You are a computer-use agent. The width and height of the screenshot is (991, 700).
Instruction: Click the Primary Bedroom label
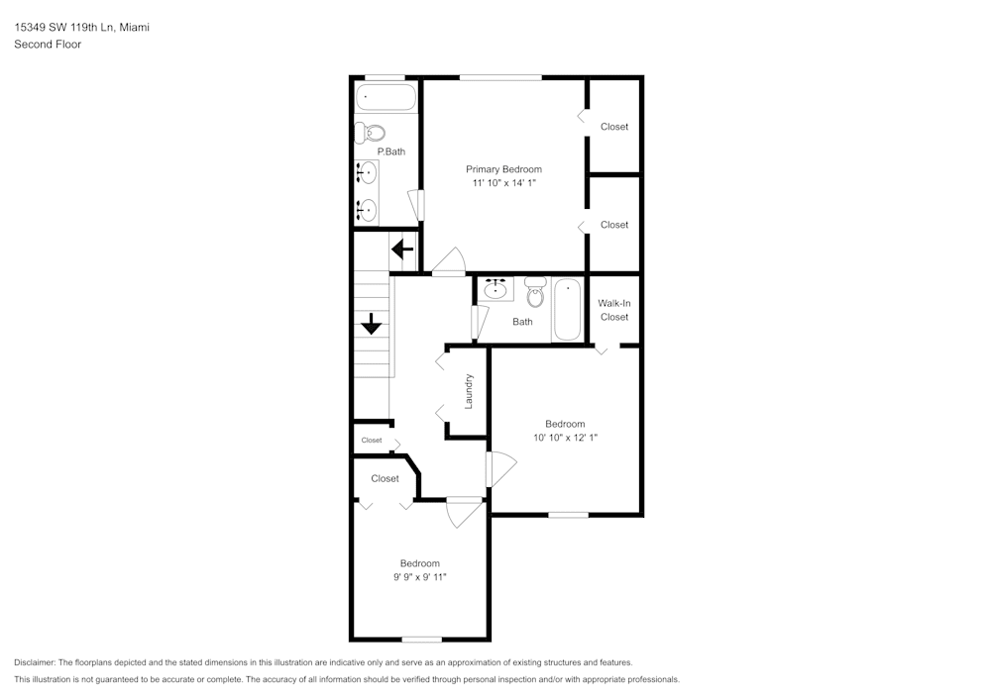click(503, 169)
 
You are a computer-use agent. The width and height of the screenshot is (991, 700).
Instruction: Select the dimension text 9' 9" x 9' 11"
click(419, 576)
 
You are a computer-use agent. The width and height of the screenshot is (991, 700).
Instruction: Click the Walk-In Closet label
click(614, 310)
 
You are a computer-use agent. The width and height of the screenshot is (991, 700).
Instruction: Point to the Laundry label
click(469, 390)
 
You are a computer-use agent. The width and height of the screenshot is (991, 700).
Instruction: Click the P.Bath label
click(390, 151)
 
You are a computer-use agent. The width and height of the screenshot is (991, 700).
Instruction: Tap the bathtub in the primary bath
click(386, 97)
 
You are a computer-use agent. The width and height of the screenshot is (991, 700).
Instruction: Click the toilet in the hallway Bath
click(535, 291)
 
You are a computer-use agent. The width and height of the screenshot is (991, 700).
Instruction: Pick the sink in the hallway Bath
click(495, 290)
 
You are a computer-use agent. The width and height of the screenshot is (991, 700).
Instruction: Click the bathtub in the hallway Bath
click(567, 310)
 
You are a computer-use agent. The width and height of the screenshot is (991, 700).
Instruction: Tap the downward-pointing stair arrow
click(372, 324)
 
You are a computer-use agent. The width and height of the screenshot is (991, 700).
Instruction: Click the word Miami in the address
click(135, 28)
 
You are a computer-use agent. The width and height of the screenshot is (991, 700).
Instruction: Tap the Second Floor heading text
click(48, 45)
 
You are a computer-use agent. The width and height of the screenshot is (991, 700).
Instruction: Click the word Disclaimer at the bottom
click(35, 662)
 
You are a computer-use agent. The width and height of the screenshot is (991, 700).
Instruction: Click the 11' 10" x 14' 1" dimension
click(503, 183)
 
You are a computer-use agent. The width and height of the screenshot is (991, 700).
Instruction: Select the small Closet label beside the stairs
click(372, 441)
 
